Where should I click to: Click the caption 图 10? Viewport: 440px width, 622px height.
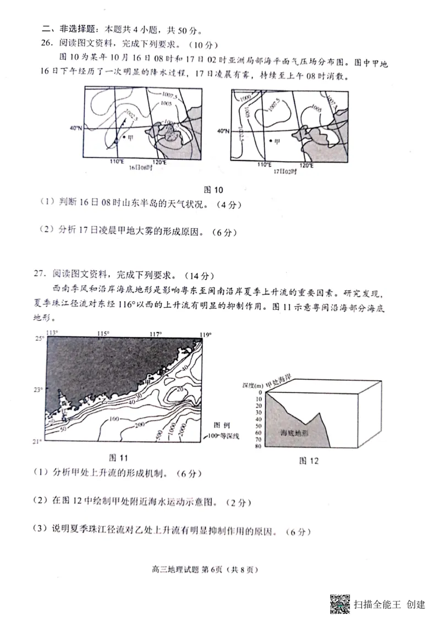pos(213,190)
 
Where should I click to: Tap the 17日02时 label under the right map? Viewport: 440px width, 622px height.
pos(285,171)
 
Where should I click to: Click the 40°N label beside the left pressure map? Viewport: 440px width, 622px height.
pos(75,128)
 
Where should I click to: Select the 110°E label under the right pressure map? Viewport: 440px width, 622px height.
pos(265,165)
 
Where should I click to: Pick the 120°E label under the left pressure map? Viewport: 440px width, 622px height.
pos(159,162)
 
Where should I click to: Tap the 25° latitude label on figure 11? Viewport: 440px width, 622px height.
pos(40,338)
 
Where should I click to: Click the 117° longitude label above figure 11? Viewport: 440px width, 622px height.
pos(156,334)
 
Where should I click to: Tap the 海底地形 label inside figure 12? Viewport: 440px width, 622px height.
pos(294,432)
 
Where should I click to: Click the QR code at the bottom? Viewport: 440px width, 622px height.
pos(340,604)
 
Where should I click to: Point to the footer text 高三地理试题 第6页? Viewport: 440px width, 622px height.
pos(185,570)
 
